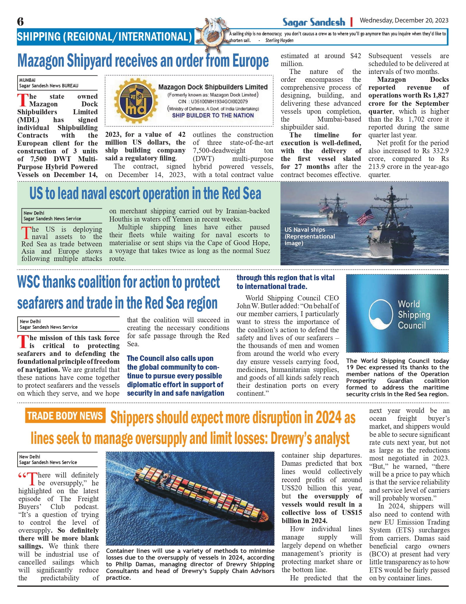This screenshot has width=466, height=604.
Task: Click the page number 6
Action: [x=20, y=22]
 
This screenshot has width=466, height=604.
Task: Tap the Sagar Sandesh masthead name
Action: [x=313, y=22]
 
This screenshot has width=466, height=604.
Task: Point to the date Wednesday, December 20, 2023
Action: [x=404, y=20]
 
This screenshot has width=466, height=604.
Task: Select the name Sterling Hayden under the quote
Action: [x=279, y=41]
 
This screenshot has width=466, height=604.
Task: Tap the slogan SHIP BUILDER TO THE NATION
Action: [x=213, y=115]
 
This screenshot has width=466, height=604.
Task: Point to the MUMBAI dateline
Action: [x=27, y=80]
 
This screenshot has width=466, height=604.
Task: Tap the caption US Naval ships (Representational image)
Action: [x=310, y=236]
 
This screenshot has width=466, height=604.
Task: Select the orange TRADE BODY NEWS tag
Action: [x=65, y=416]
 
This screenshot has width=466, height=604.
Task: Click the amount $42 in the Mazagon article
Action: [x=356, y=56]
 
